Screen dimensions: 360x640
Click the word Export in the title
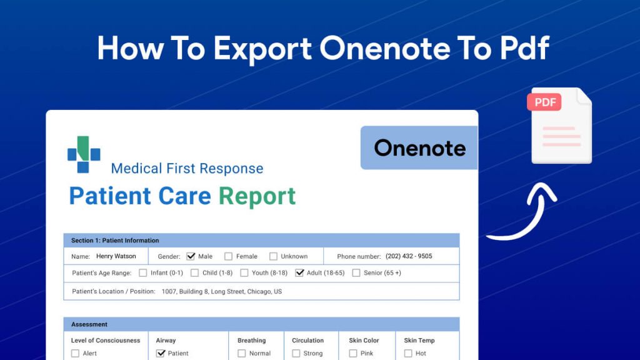[x=263, y=49]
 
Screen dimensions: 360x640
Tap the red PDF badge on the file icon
[x=544, y=102]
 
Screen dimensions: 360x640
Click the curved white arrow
[x=522, y=213]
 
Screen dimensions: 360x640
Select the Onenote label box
[x=419, y=148]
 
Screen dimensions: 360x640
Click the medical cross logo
[x=84, y=154]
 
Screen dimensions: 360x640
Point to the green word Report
[x=257, y=196]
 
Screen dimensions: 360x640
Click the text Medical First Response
[x=187, y=168]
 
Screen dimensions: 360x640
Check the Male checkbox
[x=191, y=256]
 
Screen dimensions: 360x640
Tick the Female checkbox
[x=228, y=256]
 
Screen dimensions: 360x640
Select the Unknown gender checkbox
[x=273, y=256]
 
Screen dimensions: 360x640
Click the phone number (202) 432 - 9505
[x=409, y=256]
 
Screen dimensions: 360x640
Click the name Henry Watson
[x=116, y=256]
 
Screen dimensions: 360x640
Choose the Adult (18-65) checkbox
[x=299, y=272]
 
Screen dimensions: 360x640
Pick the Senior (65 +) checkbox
[x=356, y=272]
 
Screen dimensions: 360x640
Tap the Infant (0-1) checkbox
[x=143, y=272]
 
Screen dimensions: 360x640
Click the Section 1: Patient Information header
[x=115, y=241]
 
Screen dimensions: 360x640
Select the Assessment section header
[x=89, y=324]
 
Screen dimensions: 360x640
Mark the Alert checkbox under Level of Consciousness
[x=76, y=353]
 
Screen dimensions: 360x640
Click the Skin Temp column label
[x=419, y=341]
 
